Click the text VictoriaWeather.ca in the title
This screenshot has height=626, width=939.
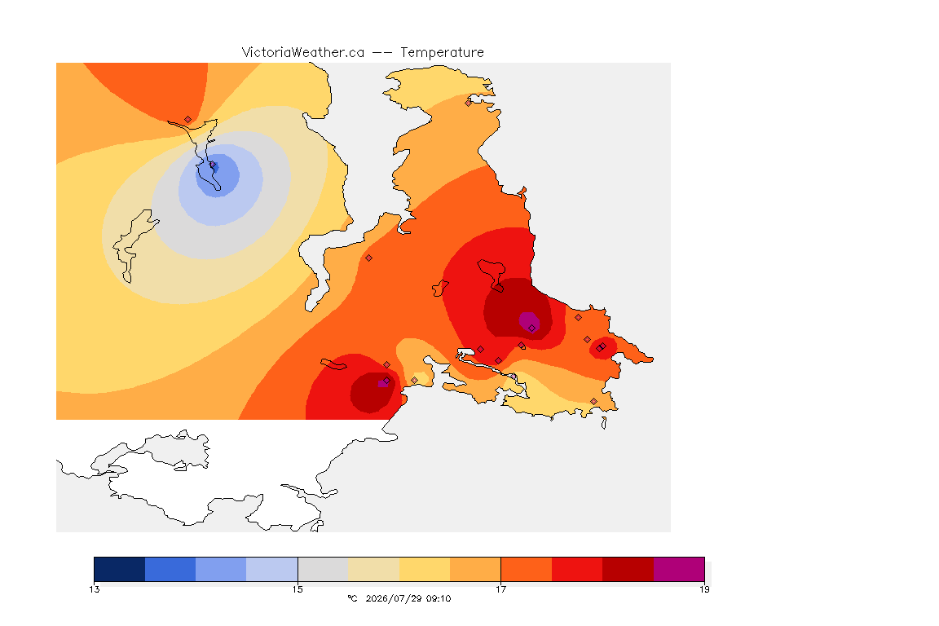pos(303,53)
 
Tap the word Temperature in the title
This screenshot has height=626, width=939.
pos(442,53)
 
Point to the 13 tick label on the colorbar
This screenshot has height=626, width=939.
pos(95,589)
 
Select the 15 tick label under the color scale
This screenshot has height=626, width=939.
pos(298,589)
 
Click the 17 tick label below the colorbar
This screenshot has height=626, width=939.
pos(500,589)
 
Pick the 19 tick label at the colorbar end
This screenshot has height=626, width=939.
pos(704,589)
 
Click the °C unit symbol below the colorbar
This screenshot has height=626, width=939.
pos(353,598)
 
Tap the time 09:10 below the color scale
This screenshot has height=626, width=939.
pos(439,598)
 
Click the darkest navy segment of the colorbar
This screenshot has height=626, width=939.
pos(120,569)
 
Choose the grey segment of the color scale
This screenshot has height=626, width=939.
pos(323,569)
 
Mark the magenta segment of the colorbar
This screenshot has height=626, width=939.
pos(678,569)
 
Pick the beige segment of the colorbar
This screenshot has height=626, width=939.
pos(373,569)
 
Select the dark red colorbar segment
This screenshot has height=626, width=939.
pos(628,569)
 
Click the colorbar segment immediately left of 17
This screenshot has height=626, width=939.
pos(475,569)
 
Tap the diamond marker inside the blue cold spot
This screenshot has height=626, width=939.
pos(213,165)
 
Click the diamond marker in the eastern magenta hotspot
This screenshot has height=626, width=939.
pos(531,328)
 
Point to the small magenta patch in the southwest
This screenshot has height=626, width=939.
pos(382,383)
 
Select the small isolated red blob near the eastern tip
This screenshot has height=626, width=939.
pos(602,348)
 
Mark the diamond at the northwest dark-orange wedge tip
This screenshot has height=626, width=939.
pos(188,120)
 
